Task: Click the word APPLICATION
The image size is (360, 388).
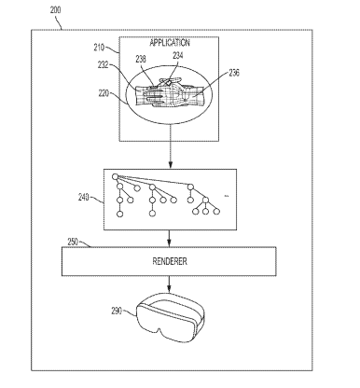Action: pos(170,43)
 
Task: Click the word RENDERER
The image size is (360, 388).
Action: pos(170,261)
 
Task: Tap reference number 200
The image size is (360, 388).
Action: pos(56,10)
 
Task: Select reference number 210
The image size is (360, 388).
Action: pos(99,48)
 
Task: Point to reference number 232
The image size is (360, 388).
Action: pos(104,65)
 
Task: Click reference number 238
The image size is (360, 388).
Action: pos(141,59)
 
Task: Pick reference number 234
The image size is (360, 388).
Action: pos(178,55)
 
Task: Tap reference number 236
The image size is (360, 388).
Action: pos(234,73)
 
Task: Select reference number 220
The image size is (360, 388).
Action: pos(104,93)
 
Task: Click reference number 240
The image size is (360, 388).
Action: pos(84,197)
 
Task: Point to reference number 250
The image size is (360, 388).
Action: pos(73,242)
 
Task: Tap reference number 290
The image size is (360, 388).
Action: pos(117,311)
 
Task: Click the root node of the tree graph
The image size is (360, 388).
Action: pos(115,177)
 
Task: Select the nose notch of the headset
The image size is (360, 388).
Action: pos(160,331)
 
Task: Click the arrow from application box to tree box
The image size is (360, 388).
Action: pos(170,145)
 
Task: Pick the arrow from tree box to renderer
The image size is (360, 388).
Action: pos(169,238)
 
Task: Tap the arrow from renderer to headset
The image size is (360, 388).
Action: pos(169,284)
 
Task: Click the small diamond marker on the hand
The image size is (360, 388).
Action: pos(168,83)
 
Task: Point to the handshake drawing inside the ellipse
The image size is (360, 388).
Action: pos(169,92)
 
